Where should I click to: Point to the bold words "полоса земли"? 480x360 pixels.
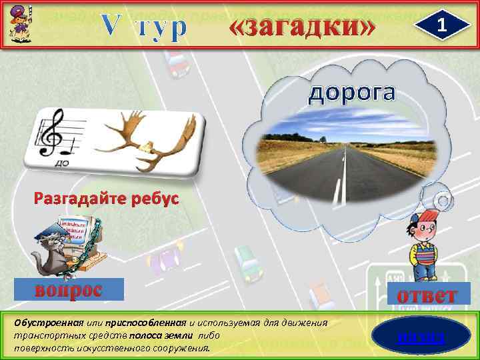click(173, 335)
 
